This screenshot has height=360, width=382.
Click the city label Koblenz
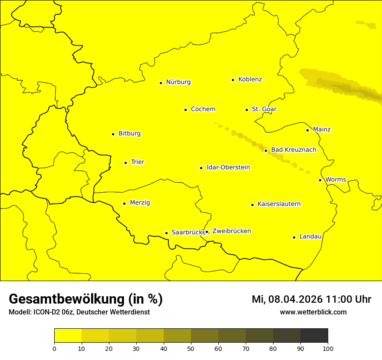250,79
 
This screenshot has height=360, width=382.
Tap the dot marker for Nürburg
161,83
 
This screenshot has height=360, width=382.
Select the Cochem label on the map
203,109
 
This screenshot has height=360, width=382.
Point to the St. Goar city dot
247,110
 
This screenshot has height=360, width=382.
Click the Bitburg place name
129,134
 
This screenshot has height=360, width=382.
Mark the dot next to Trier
125,163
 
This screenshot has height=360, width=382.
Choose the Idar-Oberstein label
228,167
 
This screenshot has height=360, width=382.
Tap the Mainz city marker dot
307,130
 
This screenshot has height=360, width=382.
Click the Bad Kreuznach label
293,150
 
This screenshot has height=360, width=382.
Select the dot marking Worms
320,180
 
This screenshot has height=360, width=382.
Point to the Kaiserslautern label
279,204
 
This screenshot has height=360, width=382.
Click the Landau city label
310,237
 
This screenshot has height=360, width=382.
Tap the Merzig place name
140,203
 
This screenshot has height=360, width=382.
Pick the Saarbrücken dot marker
166,233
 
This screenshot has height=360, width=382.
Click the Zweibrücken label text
231,231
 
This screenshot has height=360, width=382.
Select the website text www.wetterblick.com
313,312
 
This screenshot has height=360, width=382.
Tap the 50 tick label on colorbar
191,348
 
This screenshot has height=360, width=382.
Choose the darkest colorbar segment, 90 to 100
314,336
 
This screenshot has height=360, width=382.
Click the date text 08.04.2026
295,299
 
